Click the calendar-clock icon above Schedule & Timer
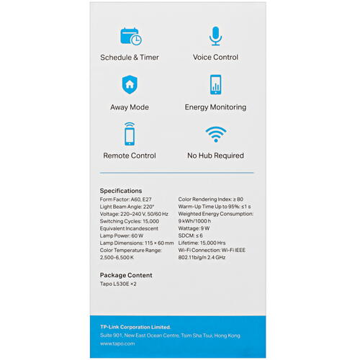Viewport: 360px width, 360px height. coord(130,36)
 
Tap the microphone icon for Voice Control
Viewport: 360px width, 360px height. coord(215,36)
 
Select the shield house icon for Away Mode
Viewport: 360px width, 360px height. coord(130,85)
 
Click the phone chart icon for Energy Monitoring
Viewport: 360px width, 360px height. coord(215,85)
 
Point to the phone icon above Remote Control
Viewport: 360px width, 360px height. coord(130,133)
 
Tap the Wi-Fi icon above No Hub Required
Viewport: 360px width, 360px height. coord(215,134)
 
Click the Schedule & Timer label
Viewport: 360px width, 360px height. coord(130,58)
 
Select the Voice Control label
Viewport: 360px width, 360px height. coord(215,58)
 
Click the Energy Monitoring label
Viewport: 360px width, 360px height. coord(215,107)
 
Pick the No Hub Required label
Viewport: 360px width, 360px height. coord(215,156)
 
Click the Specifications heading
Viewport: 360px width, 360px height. coord(121,191)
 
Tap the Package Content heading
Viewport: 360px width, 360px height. coord(126,275)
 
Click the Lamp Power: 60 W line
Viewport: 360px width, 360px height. coord(122,235)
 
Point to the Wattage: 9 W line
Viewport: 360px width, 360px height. coord(196,228)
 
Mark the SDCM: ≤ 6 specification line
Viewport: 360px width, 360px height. coord(191,235)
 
